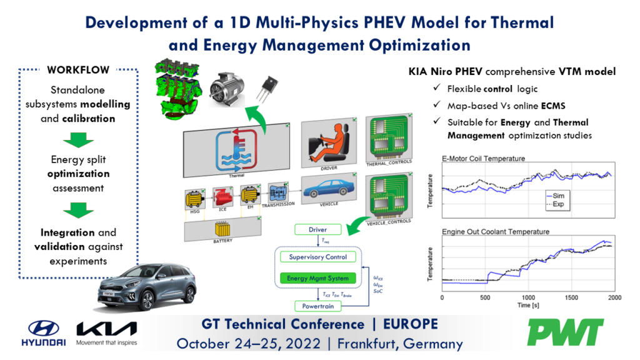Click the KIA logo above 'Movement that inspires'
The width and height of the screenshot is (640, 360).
tap(106, 329)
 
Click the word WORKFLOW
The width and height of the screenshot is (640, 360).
tap(78, 70)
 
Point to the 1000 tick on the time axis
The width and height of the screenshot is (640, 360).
tap(528, 297)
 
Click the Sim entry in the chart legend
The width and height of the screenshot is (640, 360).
tap(566, 196)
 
